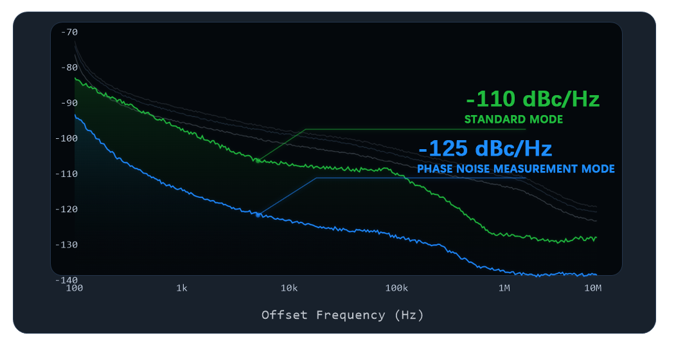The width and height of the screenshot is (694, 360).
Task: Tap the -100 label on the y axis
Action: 66,138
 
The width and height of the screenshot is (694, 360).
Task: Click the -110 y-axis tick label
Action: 66,174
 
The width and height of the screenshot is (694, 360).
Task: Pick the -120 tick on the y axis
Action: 66,209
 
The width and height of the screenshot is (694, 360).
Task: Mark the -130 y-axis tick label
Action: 66,244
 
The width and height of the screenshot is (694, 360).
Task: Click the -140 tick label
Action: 66,280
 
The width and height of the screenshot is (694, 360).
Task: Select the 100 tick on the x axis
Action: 75,288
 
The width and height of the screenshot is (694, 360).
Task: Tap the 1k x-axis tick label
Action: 182,288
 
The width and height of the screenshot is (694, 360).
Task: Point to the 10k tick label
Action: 289,288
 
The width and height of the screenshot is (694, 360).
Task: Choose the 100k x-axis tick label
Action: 396,288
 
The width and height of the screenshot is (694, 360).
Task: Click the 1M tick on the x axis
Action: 504,288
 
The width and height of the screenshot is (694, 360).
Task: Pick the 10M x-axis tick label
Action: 593,288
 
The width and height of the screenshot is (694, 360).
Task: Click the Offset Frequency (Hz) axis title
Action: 343,315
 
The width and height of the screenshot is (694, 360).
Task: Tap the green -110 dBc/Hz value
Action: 533,100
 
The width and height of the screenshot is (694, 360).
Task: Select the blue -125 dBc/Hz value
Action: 485,149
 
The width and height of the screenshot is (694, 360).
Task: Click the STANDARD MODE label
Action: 513,120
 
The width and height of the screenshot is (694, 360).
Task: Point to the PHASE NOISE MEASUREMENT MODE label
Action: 516,169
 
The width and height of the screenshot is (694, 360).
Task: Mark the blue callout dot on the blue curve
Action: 258,215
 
